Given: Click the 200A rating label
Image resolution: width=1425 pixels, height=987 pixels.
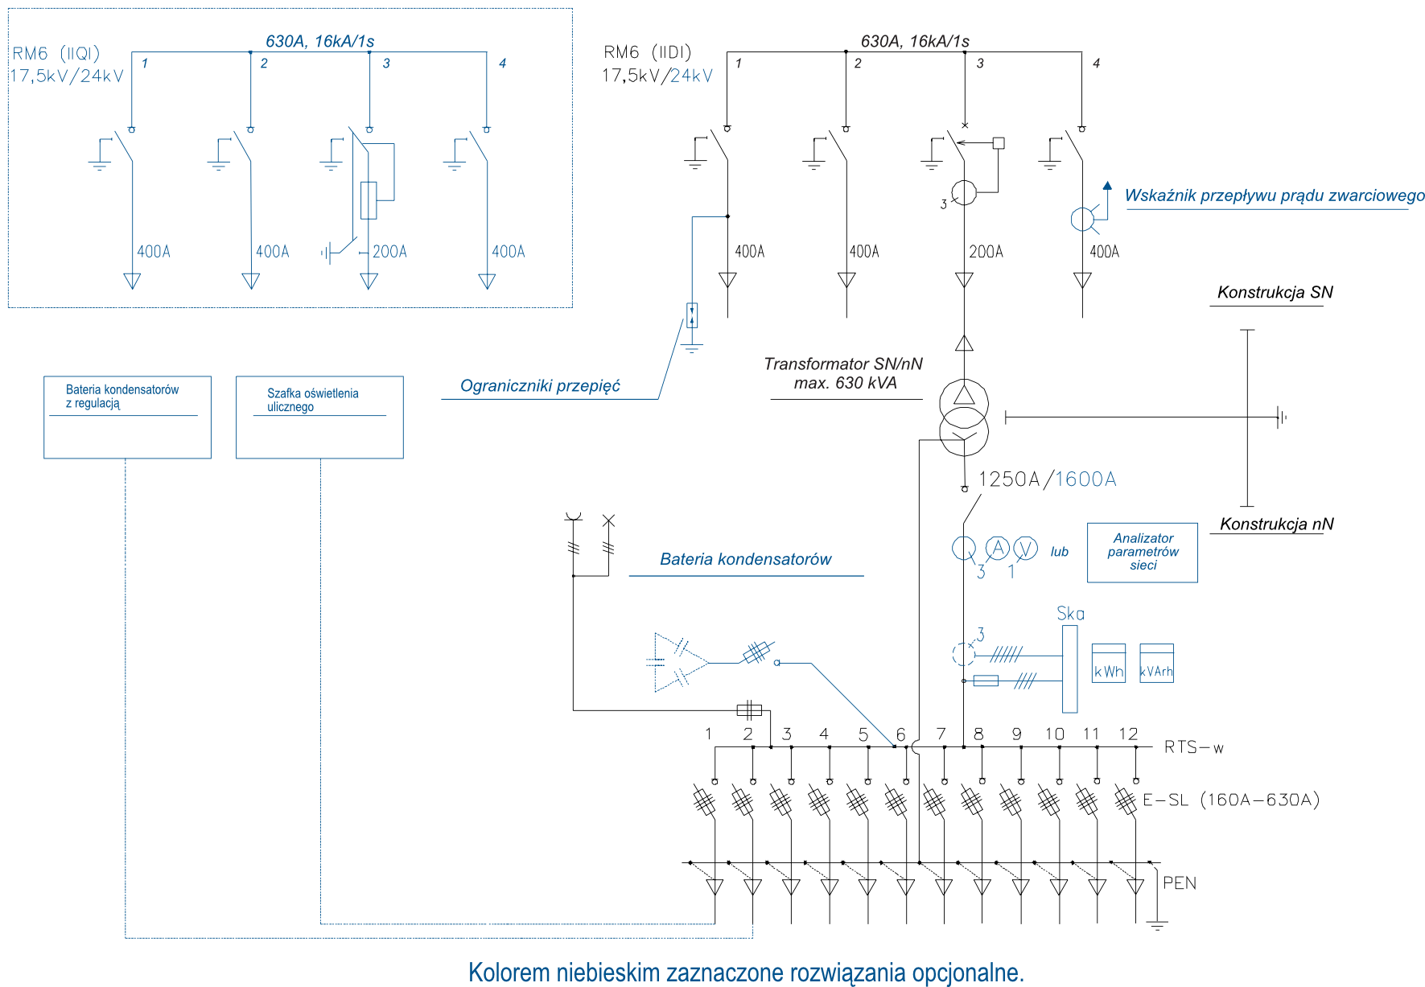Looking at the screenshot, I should click(x=390, y=252).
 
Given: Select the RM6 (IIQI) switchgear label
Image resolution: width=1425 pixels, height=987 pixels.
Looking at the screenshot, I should click(x=56, y=54).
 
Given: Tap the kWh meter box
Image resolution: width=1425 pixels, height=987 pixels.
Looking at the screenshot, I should click(x=1108, y=664).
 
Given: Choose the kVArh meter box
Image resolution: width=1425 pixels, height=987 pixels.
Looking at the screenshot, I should click(x=1156, y=664).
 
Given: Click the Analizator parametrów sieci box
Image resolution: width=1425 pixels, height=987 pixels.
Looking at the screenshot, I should click(x=1143, y=553).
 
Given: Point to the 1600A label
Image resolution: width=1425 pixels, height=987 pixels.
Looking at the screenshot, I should click(x=1085, y=480).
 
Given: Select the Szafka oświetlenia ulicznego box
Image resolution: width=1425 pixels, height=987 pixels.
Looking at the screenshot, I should click(x=319, y=417).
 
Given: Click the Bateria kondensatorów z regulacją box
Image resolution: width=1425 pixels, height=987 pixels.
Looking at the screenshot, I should click(x=127, y=417).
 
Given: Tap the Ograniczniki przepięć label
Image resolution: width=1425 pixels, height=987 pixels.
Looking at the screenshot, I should click(x=540, y=386).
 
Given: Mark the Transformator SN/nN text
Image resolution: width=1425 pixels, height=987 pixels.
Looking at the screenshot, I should click(x=842, y=364).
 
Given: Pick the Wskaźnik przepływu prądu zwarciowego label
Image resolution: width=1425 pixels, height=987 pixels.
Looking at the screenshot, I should click(x=1274, y=195).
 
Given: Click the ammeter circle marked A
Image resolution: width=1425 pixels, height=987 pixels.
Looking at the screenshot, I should click(x=998, y=549).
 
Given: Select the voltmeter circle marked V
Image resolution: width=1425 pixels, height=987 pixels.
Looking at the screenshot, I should click(x=1025, y=549).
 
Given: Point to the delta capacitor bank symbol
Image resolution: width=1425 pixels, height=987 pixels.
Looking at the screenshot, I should click(x=677, y=663).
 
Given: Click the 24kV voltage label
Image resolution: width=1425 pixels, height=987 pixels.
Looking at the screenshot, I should click(x=691, y=76).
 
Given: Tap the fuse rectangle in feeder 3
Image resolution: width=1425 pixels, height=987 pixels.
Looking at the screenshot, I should click(x=369, y=200).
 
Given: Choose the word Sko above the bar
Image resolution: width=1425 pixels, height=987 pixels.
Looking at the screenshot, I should click(x=1070, y=614).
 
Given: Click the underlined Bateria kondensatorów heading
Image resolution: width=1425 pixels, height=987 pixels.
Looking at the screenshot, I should click(x=745, y=560).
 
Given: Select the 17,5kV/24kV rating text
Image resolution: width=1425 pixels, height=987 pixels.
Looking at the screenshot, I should click(x=67, y=76).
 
